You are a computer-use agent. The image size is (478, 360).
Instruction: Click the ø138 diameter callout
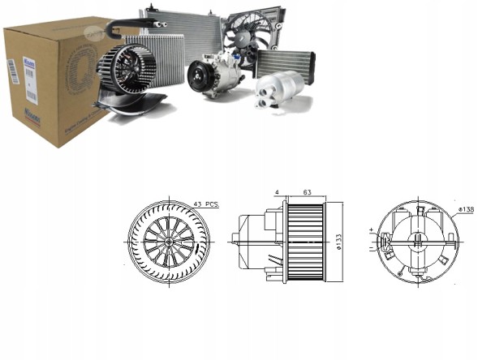tap(465, 210)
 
